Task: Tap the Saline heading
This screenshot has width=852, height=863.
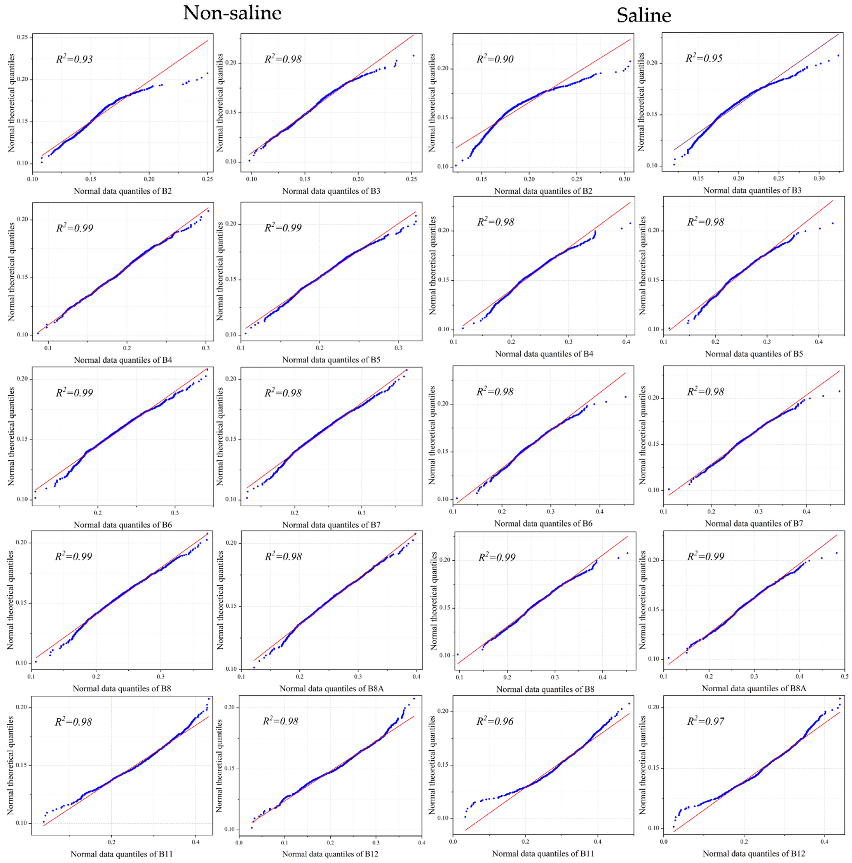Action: point(643,16)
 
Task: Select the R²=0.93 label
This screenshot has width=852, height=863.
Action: point(74,59)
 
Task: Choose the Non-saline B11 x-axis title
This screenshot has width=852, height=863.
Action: point(121,854)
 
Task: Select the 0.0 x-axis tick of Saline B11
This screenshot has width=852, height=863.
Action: point(453,842)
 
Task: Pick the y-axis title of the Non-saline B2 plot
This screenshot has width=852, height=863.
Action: point(12,103)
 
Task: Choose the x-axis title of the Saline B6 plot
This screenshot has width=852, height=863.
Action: point(543,523)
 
